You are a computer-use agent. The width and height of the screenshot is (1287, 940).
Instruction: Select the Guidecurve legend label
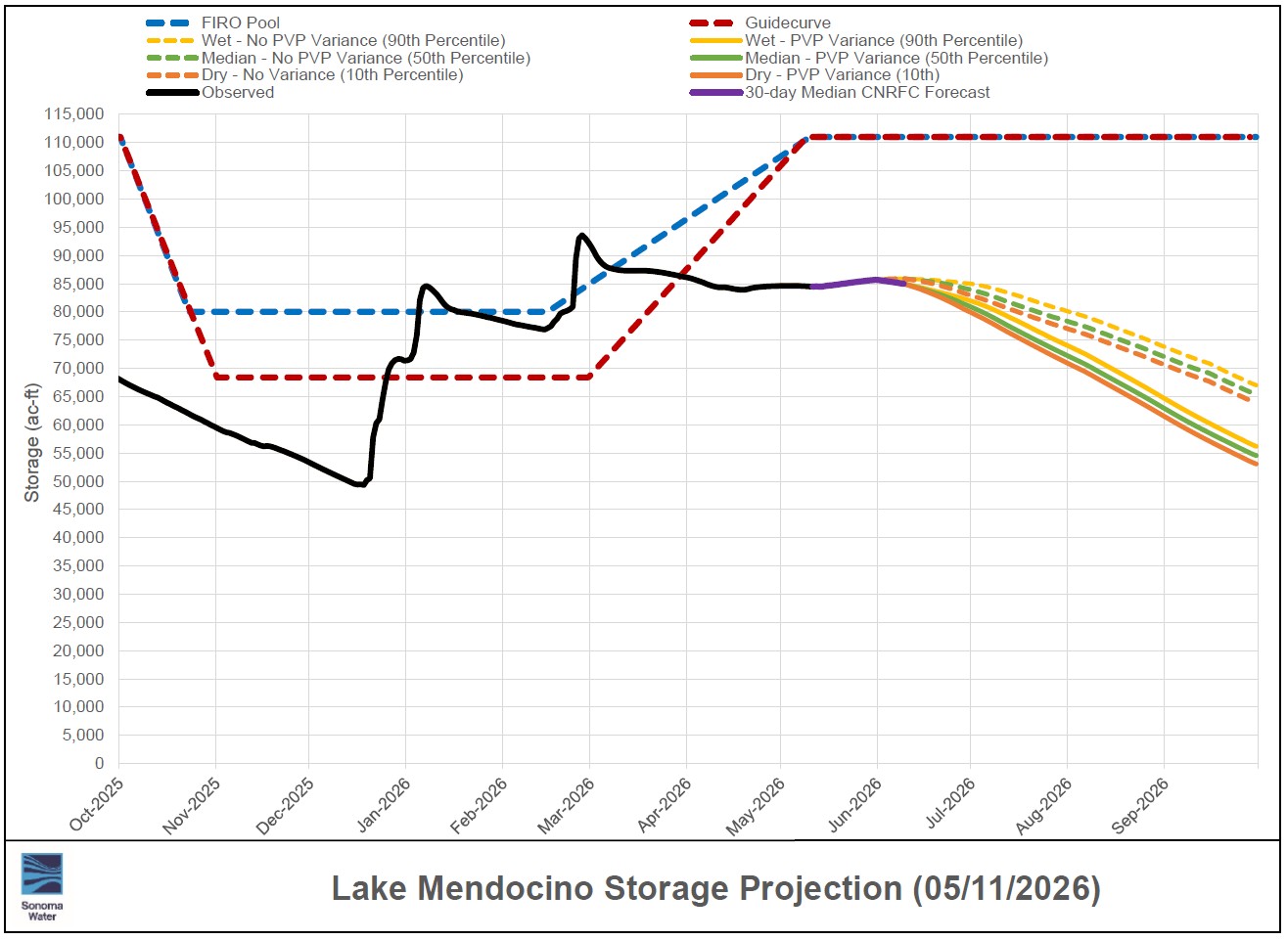[x=788, y=22]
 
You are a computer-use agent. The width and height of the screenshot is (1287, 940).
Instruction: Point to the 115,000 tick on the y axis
[x=74, y=113]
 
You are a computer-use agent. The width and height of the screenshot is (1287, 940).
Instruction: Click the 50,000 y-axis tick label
[x=78, y=481]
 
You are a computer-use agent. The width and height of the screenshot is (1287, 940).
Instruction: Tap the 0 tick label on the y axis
[x=100, y=763]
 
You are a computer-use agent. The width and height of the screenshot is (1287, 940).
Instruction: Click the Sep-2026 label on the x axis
[x=1140, y=805]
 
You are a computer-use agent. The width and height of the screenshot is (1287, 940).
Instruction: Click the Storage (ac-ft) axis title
[x=32, y=442]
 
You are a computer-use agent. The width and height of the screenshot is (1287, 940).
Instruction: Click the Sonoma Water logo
[x=42, y=886]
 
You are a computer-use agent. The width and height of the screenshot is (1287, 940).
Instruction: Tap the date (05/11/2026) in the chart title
[x=1007, y=888]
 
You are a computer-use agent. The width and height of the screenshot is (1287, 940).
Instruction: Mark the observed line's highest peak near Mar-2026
[x=581, y=235]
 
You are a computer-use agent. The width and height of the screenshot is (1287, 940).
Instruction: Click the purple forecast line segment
[x=857, y=283]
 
